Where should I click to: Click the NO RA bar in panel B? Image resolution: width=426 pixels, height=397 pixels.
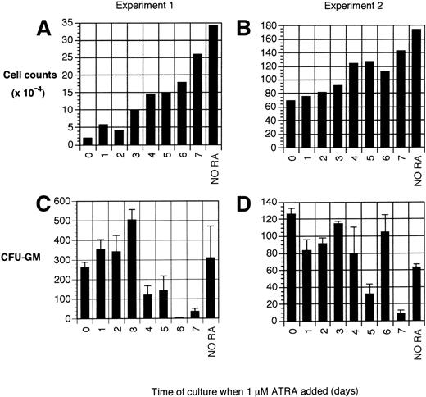point(400,89)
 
